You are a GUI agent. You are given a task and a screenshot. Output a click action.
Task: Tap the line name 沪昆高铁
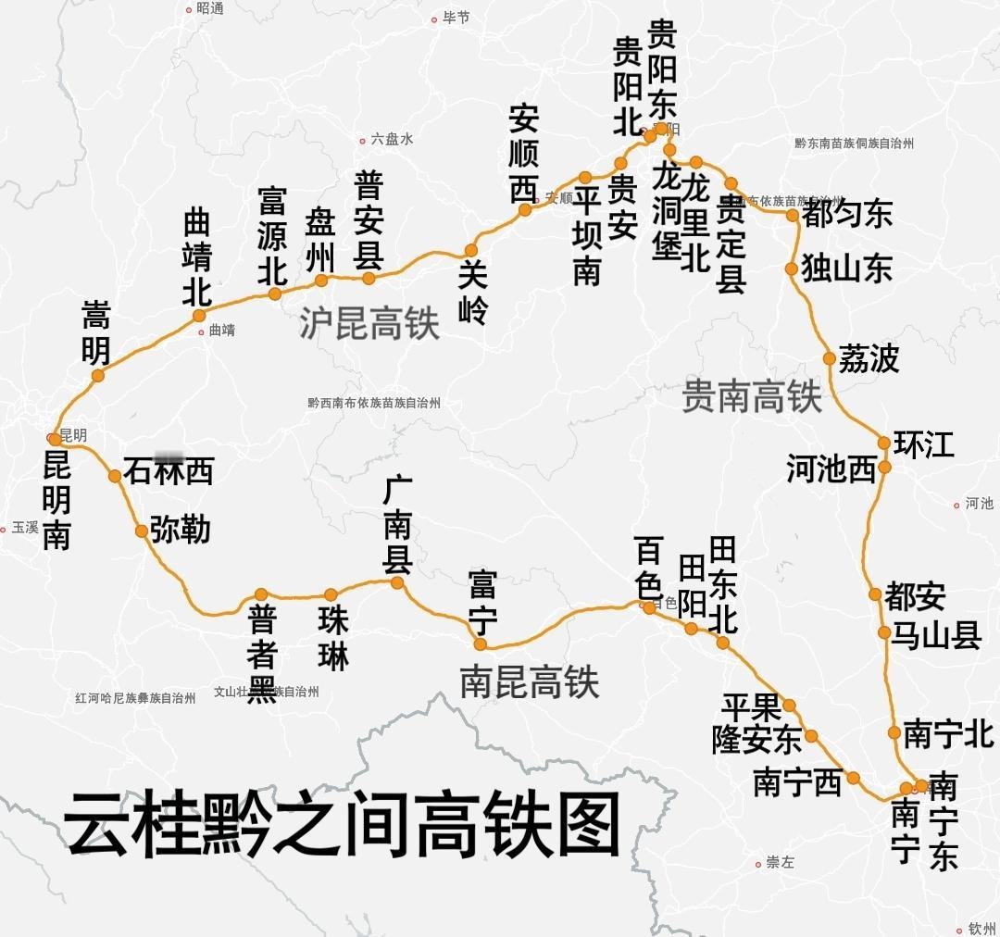pos(369,323)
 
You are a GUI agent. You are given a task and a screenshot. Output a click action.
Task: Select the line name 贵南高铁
pos(752,396)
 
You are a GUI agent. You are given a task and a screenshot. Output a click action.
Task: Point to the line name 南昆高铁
pos(530,682)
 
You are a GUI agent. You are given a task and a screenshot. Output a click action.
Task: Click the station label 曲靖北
pos(197,258)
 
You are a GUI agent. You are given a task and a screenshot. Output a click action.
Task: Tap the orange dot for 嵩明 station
pos(98,375)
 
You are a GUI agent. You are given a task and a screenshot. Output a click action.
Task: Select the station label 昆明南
pos(56,501)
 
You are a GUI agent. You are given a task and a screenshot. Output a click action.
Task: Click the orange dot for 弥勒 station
pos(141,531)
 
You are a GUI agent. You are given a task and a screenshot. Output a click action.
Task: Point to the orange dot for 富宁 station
pos(481,644)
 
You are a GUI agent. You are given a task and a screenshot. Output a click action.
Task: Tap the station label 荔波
pos(869,358)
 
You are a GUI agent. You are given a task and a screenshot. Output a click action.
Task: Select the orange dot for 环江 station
pos(884,444)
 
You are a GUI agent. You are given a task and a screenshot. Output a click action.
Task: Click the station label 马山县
pos(935,635)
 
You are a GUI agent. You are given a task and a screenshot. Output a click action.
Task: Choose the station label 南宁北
pos(948,734)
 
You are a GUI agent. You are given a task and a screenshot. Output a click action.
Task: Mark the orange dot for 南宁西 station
pos(853,778)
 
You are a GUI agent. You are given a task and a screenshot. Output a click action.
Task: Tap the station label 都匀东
pos(847,215)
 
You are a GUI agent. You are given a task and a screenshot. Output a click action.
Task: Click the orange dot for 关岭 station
pos(471,250)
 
